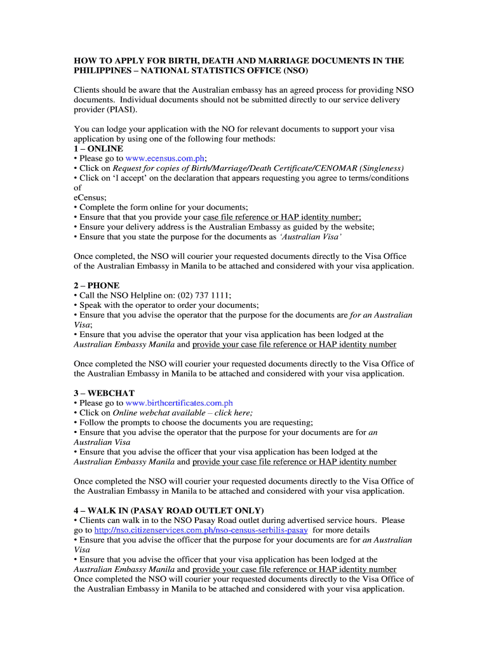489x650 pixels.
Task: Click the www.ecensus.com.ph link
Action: point(165,158)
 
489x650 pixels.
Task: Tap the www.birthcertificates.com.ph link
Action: point(179,402)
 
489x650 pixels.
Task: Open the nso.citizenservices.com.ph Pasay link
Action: point(201,529)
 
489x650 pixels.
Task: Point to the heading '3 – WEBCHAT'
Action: point(104,393)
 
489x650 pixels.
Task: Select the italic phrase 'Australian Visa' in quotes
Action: point(311,236)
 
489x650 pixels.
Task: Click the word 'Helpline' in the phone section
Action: point(150,295)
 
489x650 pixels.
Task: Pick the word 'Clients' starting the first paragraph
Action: point(88,90)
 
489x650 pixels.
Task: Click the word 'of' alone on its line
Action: point(78,188)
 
